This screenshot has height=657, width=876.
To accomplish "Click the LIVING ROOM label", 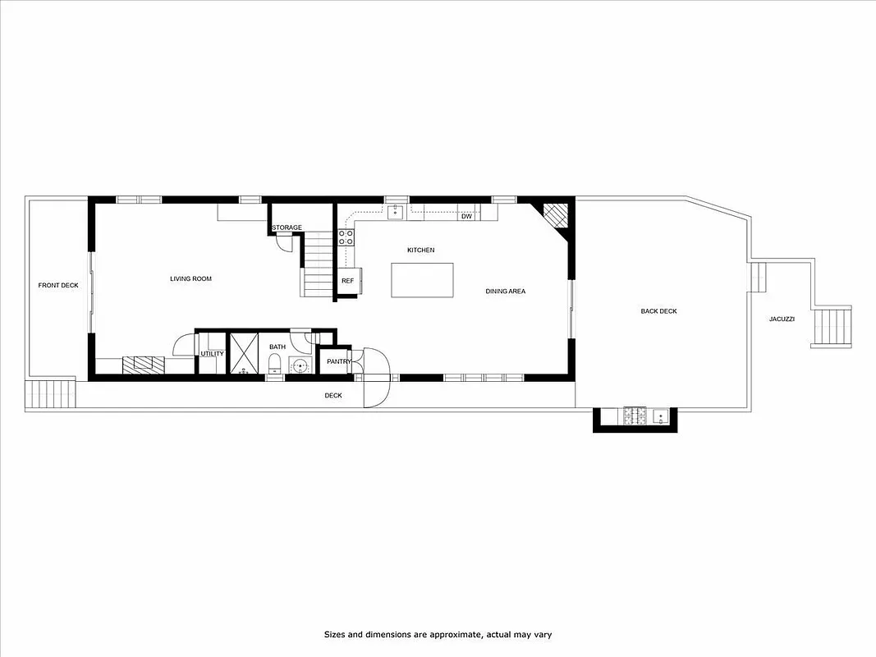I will (x=190, y=279).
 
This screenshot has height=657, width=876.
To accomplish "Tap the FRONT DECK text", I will (x=58, y=286).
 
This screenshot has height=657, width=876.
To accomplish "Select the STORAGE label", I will (x=287, y=227).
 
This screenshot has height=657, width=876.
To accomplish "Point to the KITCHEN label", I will (x=420, y=250).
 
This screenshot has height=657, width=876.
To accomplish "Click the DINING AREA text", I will (x=505, y=292).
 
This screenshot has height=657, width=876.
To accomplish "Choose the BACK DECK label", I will (x=658, y=311).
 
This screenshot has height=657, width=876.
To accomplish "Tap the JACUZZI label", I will (x=782, y=319).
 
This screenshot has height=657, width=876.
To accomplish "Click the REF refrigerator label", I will (x=347, y=281).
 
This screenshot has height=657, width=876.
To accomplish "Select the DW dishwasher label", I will (x=466, y=217).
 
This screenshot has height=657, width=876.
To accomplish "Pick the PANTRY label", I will (x=338, y=361).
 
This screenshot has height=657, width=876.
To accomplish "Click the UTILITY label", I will (x=212, y=354).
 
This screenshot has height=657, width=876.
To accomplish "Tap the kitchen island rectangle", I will (x=422, y=280).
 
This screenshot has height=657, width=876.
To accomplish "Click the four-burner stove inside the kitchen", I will (x=346, y=237).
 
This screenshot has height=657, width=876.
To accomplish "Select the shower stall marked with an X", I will (x=243, y=353).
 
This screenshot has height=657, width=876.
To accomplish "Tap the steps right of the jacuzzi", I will (x=832, y=327).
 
